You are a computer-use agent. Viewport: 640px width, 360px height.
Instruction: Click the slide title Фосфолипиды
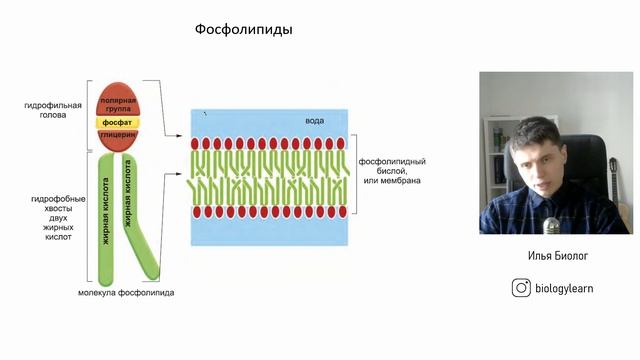coord(243,30)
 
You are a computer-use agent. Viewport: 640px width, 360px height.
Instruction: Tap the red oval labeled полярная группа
coord(124,104)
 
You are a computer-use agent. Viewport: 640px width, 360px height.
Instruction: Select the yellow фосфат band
coord(124,123)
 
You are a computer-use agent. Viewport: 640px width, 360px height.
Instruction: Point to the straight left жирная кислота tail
coord(105,215)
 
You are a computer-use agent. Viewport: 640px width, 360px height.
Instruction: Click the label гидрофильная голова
coord(47,109)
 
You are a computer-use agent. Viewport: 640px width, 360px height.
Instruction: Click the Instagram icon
coord(520,288)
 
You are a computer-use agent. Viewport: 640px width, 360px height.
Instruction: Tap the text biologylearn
coord(567,288)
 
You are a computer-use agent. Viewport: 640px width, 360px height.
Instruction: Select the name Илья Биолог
coord(558,256)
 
